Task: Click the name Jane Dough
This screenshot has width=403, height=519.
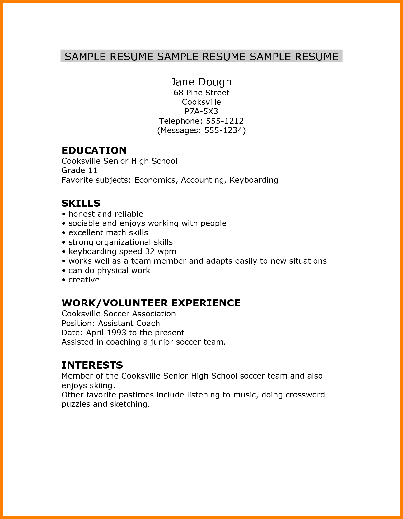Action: pyautogui.click(x=201, y=82)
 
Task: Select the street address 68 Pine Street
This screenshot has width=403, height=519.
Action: pyautogui.click(x=201, y=93)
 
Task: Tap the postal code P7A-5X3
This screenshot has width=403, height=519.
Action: pyautogui.click(x=201, y=111)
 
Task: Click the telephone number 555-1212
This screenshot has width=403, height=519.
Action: pyautogui.click(x=225, y=121)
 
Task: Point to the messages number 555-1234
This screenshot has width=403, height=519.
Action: pyautogui.click(x=223, y=130)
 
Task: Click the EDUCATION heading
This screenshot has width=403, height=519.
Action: pyautogui.click(x=94, y=150)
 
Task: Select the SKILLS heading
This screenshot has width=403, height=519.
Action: pyautogui.click(x=81, y=203)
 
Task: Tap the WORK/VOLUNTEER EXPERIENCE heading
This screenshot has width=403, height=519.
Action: pyautogui.click(x=151, y=303)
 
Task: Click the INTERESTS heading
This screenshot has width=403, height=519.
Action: pyautogui.click(x=92, y=365)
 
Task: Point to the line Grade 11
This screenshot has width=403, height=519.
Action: pyautogui.click(x=79, y=171)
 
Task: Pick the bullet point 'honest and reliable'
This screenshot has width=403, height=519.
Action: pyautogui.click(x=105, y=214)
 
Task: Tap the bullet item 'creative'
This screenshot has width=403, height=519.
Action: pyautogui.click(x=84, y=280)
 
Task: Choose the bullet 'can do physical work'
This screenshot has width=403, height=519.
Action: pyautogui.click(x=109, y=271)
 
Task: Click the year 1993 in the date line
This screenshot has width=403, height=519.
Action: pyautogui.click(x=116, y=333)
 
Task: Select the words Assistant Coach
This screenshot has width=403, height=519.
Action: pyautogui.click(x=129, y=324)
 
